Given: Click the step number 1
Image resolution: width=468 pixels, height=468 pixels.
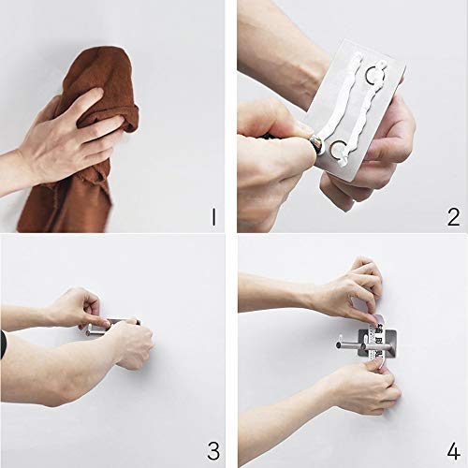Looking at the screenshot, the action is tap(213, 217).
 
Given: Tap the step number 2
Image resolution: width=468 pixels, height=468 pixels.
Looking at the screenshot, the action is tap(453, 217).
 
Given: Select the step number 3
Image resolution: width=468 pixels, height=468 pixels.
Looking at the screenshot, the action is tap(213, 450).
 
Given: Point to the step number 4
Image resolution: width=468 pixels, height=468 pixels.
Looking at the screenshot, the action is tap(453, 451).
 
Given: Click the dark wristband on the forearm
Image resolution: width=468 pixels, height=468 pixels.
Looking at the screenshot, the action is tap(4, 344).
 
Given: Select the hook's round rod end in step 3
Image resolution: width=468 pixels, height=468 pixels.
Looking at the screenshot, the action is tap(88, 333).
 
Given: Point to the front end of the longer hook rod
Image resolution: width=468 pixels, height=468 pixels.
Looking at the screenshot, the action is tap(339, 345).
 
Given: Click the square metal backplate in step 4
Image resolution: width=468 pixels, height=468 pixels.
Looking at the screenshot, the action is tap(377, 343).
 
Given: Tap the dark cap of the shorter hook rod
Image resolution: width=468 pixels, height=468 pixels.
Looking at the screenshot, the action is tap(363, 346).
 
